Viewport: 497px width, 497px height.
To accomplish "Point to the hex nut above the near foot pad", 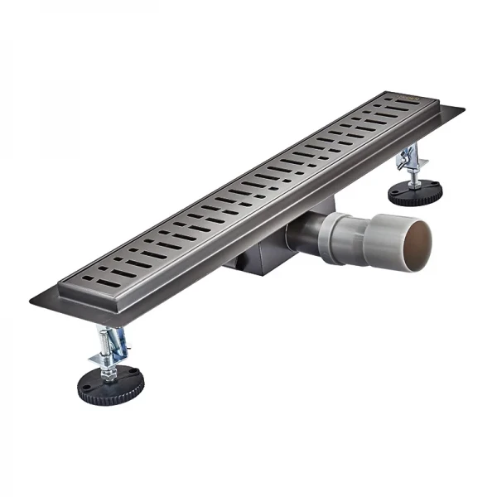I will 108,363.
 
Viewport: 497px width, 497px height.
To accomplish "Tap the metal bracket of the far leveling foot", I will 410,159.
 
